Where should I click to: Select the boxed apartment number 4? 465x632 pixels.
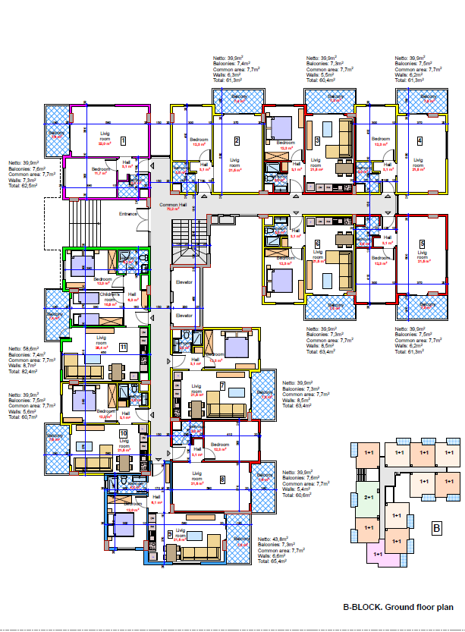click(419, 141)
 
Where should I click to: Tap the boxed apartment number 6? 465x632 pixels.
click(316, 244)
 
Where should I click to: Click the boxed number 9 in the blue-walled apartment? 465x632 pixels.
click(169, 533)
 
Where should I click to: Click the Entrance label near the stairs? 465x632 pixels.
click(128, 214)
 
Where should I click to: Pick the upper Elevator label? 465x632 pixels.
click(184, 282)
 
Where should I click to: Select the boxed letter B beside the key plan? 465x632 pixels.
click(436, 528)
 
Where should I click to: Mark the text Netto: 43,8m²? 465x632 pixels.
click(275, 538)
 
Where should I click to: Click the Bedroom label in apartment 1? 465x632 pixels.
click(102, 169)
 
